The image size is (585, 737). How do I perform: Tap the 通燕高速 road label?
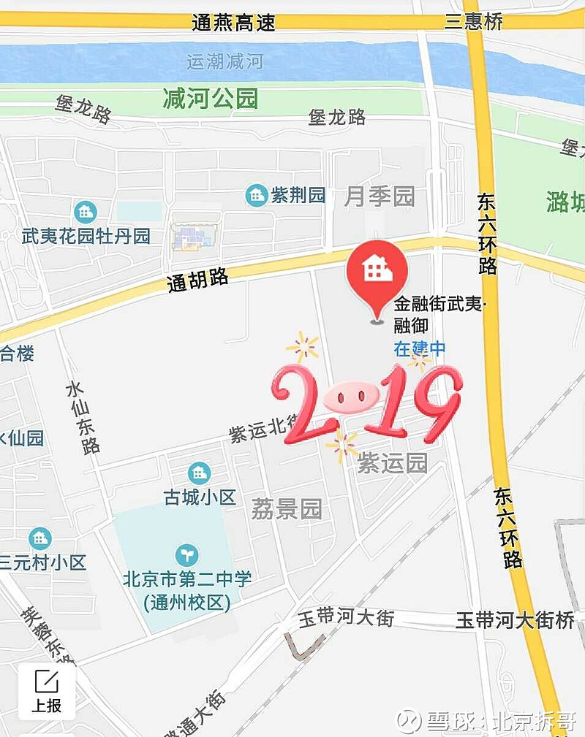233,23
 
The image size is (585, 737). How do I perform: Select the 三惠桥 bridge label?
474,21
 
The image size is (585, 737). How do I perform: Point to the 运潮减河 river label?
224,61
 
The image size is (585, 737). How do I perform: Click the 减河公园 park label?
211,99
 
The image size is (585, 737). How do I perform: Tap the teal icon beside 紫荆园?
256,195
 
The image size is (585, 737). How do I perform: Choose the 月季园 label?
380,196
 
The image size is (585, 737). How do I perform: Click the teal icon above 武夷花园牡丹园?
86,213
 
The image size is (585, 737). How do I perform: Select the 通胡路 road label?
197,279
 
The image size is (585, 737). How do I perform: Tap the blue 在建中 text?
419,349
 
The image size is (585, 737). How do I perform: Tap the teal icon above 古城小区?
198,473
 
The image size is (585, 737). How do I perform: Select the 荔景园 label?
287,509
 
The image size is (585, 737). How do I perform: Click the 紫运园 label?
392,463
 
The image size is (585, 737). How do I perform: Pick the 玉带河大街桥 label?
515,620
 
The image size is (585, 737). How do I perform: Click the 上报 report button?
46,690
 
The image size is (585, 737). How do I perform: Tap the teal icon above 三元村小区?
40,539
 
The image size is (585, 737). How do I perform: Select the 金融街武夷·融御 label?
439,315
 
